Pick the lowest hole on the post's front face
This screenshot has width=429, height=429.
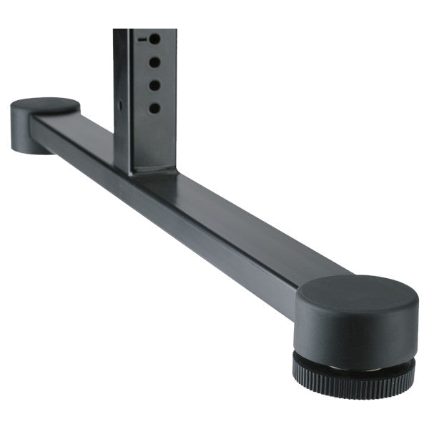tap(154, 109)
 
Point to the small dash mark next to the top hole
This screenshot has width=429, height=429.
tap(142, 39)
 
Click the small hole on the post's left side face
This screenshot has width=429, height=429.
tap(120, 106)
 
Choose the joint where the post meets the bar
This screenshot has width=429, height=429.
tap(147, 172)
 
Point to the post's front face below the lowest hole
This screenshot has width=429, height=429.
tap(154, 143)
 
